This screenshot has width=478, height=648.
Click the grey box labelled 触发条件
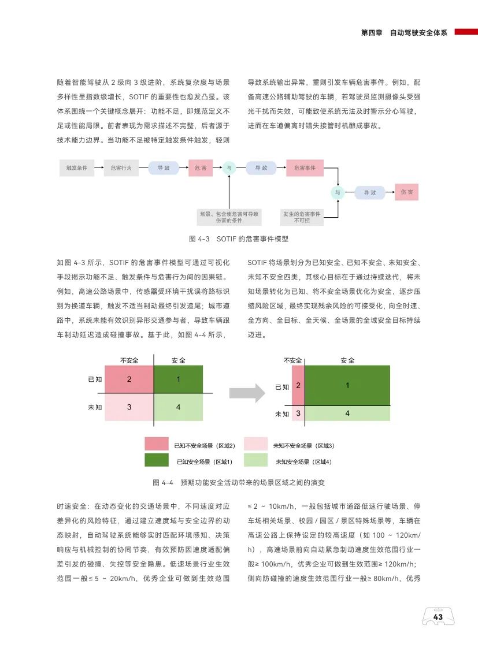[77, 168]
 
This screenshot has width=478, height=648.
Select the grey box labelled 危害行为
[121, 168]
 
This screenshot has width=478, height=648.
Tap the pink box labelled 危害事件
[305, 168]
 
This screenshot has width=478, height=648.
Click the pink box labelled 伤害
[406, 192]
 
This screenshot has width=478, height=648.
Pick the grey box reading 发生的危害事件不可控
[302, 217]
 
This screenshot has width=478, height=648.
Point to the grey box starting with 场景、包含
[229, 217]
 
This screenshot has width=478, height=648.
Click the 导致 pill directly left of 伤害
[370, 192]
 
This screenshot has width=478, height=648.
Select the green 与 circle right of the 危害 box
[229, 168]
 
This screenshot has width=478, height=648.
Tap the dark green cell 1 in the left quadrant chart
[178, 379]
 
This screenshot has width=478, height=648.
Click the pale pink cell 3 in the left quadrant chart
[129, 407]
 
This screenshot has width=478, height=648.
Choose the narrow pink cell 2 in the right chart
[298, 385]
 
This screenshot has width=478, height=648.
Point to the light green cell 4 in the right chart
[347, 414]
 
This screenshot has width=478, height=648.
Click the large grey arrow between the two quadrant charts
[247, 393]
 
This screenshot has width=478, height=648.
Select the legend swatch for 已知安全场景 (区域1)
[157, 460]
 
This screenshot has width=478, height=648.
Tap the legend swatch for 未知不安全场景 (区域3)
[255, 444]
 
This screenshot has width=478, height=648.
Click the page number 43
[438, 617]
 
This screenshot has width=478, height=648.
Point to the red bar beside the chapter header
[466, 32]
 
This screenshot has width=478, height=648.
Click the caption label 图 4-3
[199, 239]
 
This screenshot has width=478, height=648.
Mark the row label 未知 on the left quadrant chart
[95, 407]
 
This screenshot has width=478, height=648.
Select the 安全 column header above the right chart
[347, 360]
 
